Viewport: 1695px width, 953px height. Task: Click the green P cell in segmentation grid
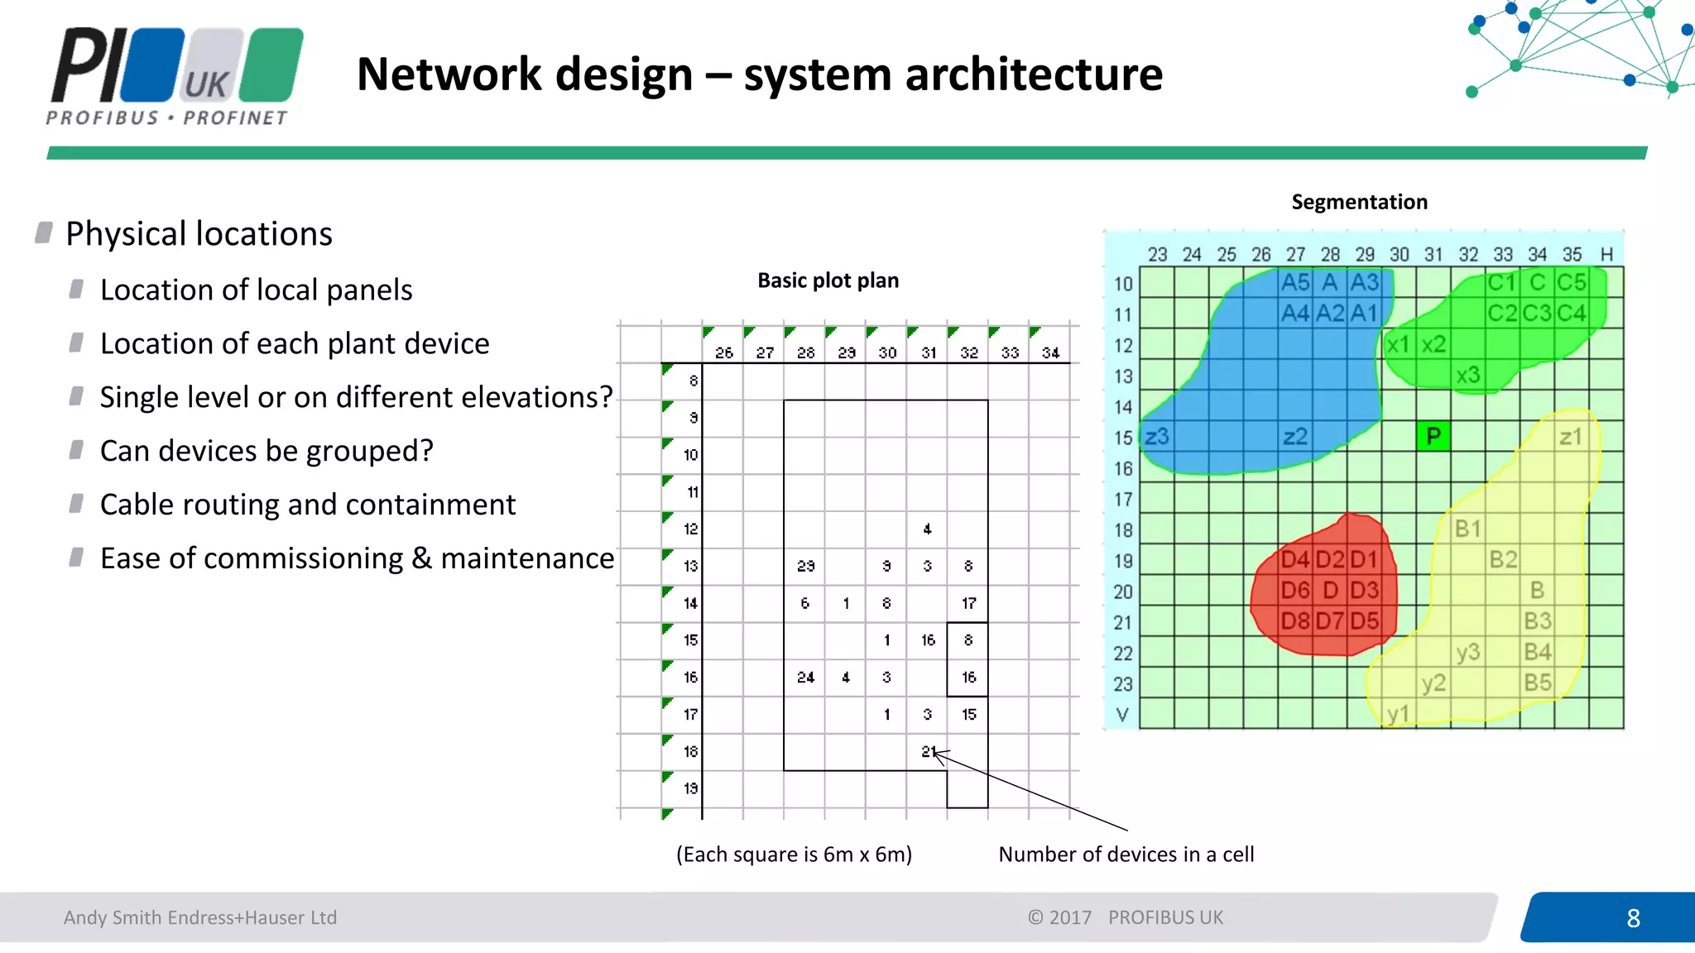click(x=1433, y=436)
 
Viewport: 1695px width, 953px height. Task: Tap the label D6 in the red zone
click(x=1295, y=591)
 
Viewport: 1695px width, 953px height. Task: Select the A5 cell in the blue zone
click(x=1295, y=283)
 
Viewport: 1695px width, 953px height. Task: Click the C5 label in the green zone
click(x=1571, y=283)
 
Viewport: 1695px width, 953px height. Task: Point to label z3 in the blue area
click(x=1157, y=436)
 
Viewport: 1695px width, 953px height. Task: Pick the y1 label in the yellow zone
click(x=1398, y=714)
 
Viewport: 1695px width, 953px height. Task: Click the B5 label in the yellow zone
click(x=1538, y=682)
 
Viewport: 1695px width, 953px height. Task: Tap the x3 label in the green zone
click(x=1468, y=376)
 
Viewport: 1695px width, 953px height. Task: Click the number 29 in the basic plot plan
click(x=805, y=566)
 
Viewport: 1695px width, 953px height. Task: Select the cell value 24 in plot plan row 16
click(x=805, y=678)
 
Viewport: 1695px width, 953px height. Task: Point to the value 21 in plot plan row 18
click(x=928, y=751)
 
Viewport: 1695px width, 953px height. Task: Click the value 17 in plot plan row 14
click(x=968, y=603)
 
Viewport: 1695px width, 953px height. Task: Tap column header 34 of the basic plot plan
click(x=1050, y=353)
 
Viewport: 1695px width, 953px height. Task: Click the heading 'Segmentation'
click(x=1359, y=202)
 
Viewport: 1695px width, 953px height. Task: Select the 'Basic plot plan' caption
click(x=828, y=280)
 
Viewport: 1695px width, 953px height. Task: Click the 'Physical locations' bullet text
click(x=199, y=234)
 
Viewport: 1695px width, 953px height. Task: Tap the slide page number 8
click(x=1633, y=918)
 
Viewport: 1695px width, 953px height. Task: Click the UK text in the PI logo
click(x=206, y=85)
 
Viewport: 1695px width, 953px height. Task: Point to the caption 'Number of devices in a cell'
click(x=1126, y=855)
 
